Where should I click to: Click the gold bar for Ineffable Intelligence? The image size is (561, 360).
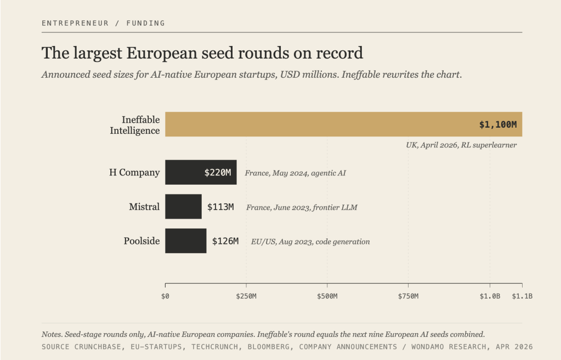pyautogui.click(x=343, y=124)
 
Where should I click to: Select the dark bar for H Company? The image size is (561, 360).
pyautogui.click(x=201, y=172)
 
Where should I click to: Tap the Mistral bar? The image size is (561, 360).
pyautogui.click(x=183, y=207)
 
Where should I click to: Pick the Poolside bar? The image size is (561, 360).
pyautogui.click(x=186, y=241)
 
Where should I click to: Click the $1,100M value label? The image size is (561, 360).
pyautogui.click(x=498, y=124)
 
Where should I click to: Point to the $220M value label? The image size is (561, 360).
pyautogui.click(x=218, y=173)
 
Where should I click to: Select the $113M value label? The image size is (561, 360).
pyautogui.click(x=220, y=207)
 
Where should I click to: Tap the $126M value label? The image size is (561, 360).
pyautogui.click(x=225, y=241)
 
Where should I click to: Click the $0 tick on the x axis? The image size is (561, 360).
pyautogui.click(x=165, y=296)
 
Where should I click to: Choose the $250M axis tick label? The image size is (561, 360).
pyautogui.click(x=246, y=296)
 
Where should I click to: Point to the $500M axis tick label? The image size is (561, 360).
pyautogui.click(x=327, y=296)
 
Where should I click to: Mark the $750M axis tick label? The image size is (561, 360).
pyautogui.click(x=408, y=296)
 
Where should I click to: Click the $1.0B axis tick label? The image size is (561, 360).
pyautogui.click(x=490, y=296)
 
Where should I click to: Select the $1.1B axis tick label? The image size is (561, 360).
pyautogui.click(x=522, y=296)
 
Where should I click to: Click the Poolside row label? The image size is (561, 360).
pyautogui.click(x=141, y=241)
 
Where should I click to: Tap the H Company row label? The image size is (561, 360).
pyautogui.click(x=134, y=172)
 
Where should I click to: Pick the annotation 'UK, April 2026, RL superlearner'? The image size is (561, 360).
pyautogui.click(x=461, y=145)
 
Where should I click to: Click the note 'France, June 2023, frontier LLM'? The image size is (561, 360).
pyautogui.click(x=302, y=207)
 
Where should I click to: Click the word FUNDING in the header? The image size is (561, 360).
pyautogui.click(x=146, y=23)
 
